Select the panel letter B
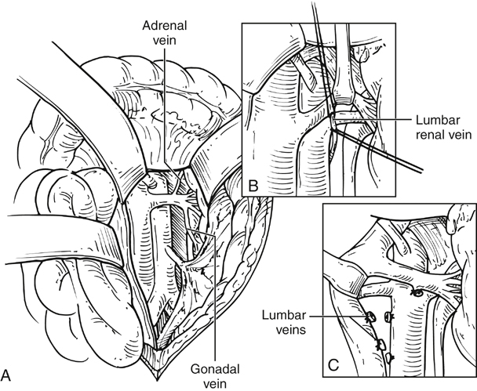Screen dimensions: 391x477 (251, 186)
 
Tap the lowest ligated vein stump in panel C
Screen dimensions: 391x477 (389, 360)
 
